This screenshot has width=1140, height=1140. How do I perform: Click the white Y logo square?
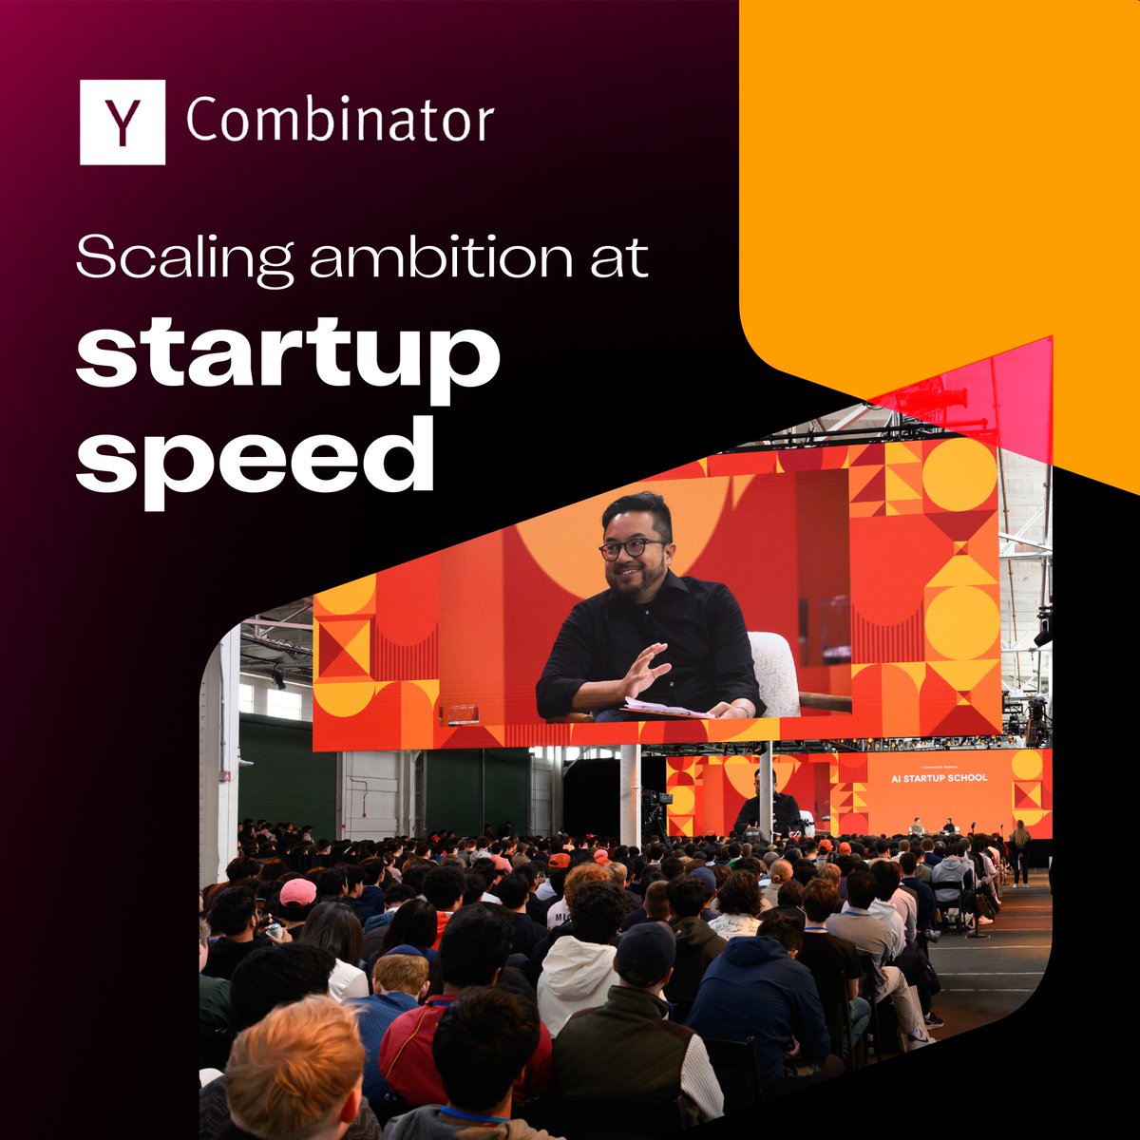coord(122,122)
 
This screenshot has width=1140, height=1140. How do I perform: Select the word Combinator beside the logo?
coord(339,122)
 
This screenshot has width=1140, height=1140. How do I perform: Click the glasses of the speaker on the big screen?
coord(633,548)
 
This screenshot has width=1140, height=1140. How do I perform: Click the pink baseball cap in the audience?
coord(297,891)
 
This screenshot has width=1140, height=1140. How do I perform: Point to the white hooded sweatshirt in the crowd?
coord(579,978)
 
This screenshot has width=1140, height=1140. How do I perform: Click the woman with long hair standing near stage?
coord(1020,850)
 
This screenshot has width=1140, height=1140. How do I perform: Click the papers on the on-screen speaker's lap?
coord(665,708)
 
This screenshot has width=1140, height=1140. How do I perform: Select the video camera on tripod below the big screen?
coord(655,807)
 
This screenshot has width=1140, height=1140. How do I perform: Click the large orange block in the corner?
coord(940,171)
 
